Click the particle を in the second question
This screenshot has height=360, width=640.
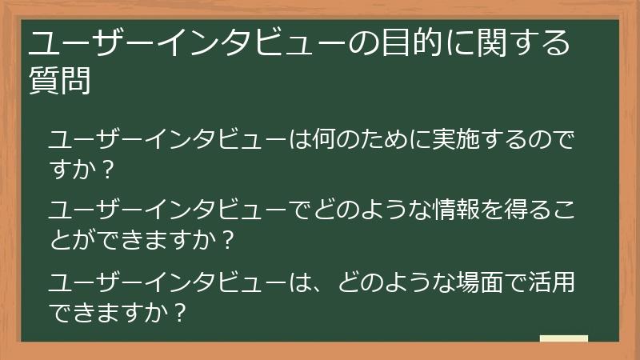pos(487,210)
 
